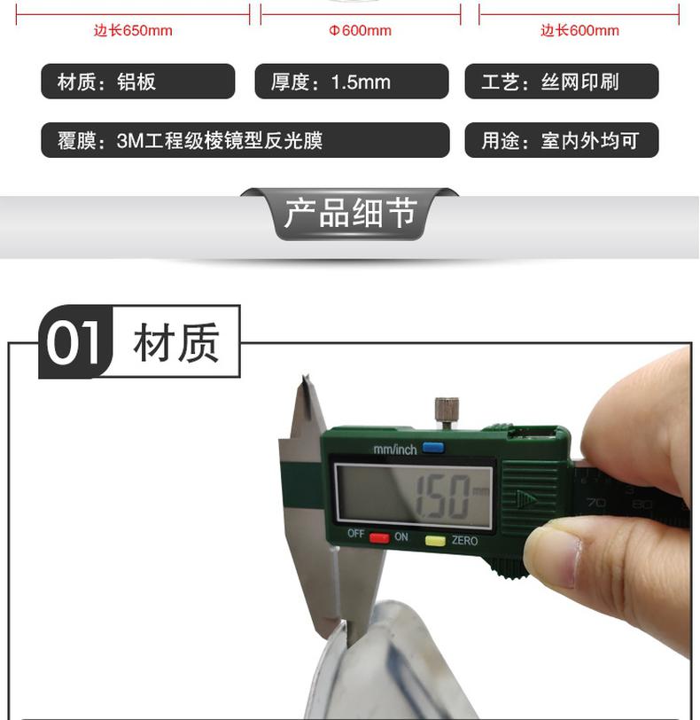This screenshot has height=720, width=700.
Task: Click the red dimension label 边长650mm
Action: point(133,31)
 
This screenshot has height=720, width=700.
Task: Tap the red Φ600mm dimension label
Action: point(360,31)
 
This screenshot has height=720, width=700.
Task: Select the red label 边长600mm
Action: point(579,31)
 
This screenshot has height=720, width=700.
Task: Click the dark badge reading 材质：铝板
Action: point(138,82)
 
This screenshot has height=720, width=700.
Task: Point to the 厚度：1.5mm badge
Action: point(352,82)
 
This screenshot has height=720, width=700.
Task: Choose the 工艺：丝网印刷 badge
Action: point(562,82)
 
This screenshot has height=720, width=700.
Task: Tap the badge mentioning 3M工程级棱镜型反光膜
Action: point(245,140)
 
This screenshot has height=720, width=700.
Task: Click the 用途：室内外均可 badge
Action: point(562,140)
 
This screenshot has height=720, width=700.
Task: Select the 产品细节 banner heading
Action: point(351,213)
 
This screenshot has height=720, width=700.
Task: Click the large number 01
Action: point(74,342)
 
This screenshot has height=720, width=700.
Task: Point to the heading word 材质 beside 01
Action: point(176,342)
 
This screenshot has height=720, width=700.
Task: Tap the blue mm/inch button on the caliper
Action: point(433,447)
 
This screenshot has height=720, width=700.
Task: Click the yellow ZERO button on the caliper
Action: point(435,541)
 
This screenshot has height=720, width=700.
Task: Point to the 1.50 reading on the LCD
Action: point(442,497)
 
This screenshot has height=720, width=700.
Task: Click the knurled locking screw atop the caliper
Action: point(447,412)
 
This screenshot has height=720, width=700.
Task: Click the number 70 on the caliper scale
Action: point(595,503)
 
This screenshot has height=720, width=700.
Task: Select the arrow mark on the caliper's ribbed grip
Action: point(526,499)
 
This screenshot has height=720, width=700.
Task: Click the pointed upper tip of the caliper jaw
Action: point(304,378)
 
